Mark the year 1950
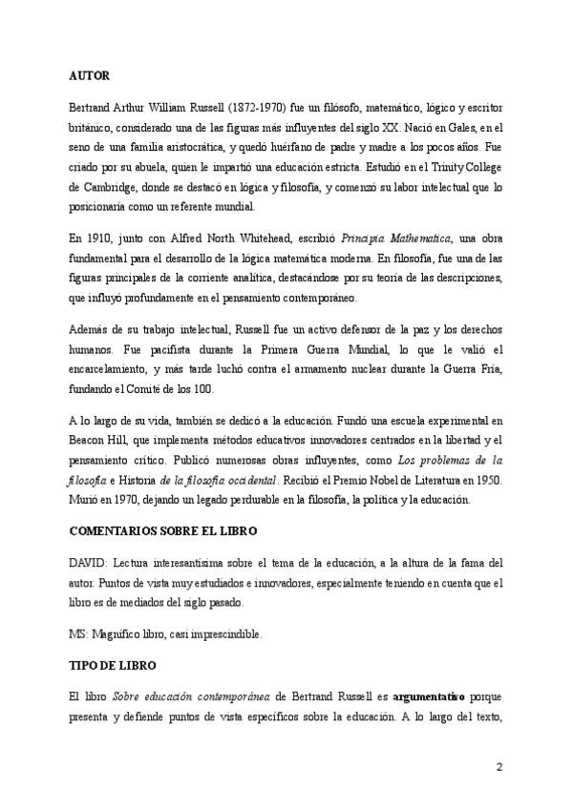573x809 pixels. [475, 483]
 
